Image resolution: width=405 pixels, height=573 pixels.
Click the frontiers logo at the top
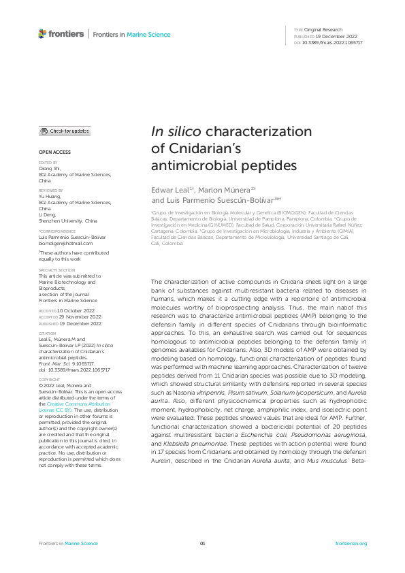coord(61,33)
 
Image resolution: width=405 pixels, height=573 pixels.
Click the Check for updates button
coord(65,131)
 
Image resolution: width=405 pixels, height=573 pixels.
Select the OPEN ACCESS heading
coord(54,152)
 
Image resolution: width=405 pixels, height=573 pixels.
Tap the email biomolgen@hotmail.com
coord(65,243)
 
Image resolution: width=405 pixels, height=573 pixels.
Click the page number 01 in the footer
coord(202,544)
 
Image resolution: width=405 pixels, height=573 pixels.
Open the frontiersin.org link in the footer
coord(351,544)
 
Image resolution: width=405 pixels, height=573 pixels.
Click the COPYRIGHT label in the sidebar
coord(49,380)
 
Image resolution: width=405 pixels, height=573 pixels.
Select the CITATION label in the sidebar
coord(47,333)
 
